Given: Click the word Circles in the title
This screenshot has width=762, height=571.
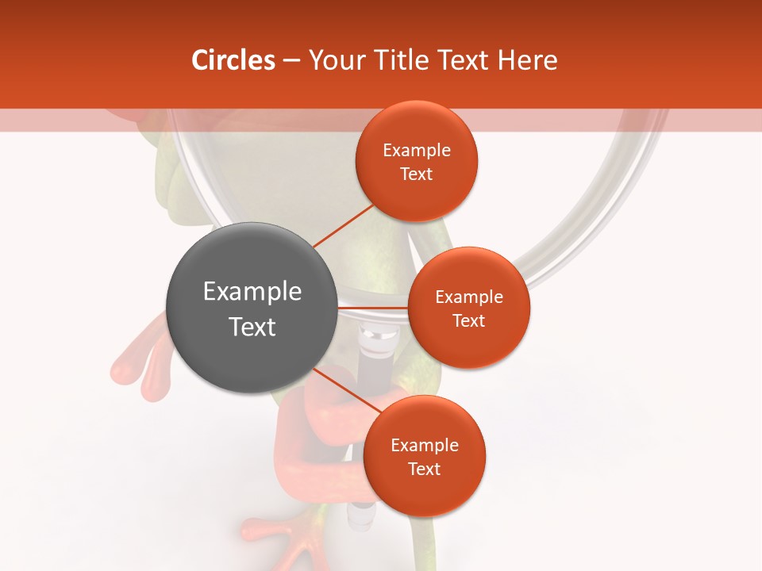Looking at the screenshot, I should [233, 60].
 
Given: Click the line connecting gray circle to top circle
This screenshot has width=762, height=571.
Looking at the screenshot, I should [343, 226].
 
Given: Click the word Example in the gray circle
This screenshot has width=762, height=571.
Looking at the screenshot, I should [252, 292].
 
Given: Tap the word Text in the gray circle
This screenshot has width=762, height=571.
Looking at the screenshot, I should [252, 327].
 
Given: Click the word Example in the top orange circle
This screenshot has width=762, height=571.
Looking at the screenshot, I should [417, 151].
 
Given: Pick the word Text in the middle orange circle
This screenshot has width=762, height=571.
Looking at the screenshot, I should [469, 321].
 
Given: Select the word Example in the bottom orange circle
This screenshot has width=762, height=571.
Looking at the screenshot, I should [425, 446].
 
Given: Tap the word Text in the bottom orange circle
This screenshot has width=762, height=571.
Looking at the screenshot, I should [425, 469].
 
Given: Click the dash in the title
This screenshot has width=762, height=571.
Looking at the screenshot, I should [291, 60].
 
